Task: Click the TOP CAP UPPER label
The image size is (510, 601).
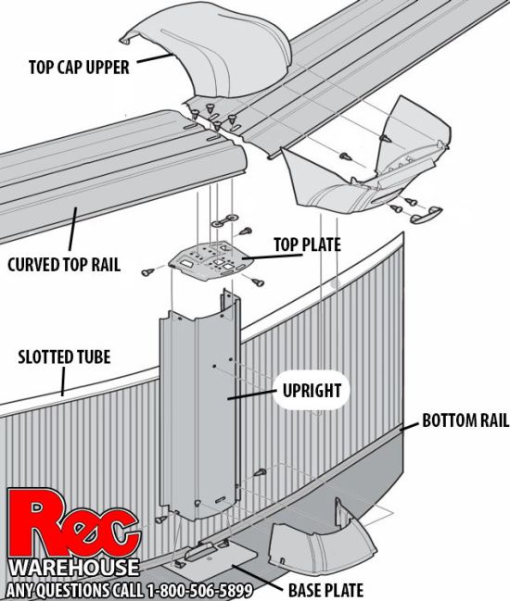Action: click(79, 68)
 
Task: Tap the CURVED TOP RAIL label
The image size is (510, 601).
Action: click(64, 265)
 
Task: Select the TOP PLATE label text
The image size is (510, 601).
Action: click(307, 244)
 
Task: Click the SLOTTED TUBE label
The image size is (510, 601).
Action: click(64, 357)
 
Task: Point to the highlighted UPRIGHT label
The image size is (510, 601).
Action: click(312, 391)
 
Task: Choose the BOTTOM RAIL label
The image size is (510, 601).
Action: click(465, 420)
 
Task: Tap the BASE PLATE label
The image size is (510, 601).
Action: click(325, 590)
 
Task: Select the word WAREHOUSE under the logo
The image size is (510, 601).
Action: click(73, 568)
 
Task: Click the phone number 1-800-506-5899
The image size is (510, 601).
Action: click(199, 591)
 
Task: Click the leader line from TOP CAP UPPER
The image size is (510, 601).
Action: click(155, 58)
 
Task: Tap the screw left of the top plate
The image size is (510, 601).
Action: click(147, 272)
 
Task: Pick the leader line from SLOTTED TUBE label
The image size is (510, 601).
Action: click(63, 382)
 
